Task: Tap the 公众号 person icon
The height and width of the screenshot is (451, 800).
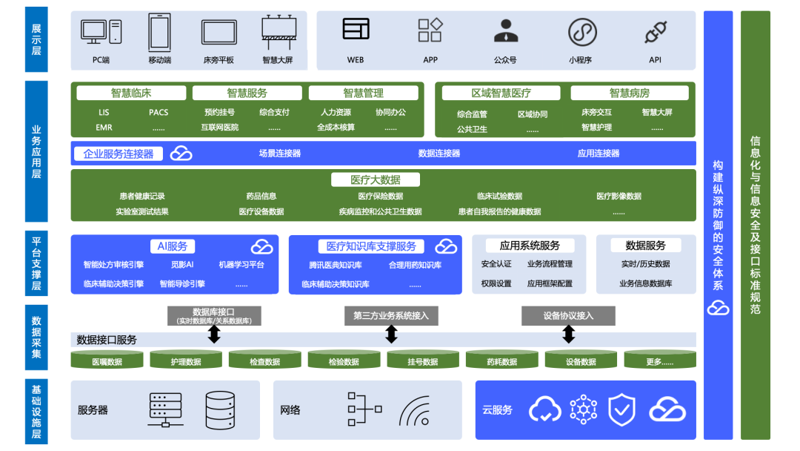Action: tap(505, 31)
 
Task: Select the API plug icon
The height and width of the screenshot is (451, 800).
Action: tap(655, 32)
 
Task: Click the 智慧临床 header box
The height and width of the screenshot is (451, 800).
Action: tap(131, 93)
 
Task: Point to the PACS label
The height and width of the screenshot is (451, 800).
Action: tap(159, 113)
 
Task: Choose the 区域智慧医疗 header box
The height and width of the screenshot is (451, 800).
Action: tap(501, 93)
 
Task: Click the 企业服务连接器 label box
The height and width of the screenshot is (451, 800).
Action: tap(119, 154)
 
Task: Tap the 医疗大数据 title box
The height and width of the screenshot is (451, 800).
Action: tap(375, 180)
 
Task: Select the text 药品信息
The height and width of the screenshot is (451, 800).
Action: tap(261, 197)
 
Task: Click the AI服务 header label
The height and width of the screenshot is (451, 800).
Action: tap(172, 246)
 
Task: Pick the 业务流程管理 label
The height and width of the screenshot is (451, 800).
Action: tap(550, 264)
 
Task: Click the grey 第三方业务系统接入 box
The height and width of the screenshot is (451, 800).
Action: tap(391, 316)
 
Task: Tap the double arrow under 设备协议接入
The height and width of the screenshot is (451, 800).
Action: tap(568, 335)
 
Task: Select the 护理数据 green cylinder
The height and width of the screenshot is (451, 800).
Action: tap(186, 361)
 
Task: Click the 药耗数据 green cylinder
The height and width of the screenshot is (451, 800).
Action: tap(501, 361)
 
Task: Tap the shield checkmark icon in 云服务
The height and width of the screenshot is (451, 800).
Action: tap(621, 409)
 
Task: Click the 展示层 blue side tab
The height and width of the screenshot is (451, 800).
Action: tap(36, 39)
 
